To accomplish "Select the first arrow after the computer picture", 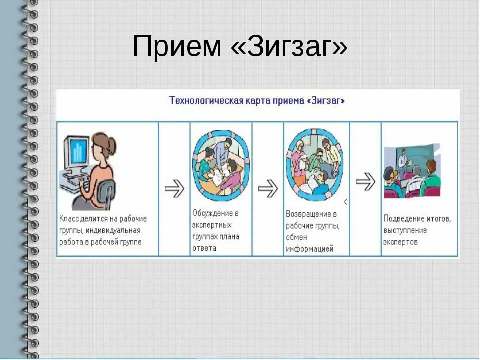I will coord(174,188).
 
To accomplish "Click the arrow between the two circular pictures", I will coord(268,188).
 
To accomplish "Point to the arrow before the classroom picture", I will coord(365,181).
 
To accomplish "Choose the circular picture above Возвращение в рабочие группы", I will coord(315,162).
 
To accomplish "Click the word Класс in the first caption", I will coord(69,219).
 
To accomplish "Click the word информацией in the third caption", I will coord(309,249).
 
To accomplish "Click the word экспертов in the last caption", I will coord(400,242).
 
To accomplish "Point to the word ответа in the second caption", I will coord(204,248).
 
